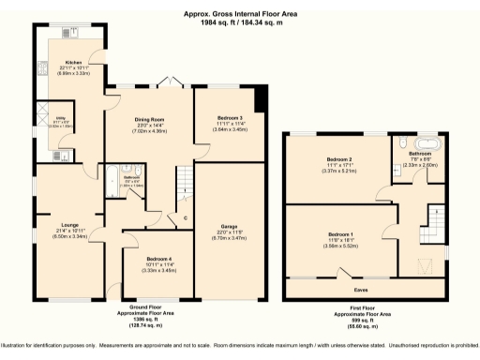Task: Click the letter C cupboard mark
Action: [x=186, y=219]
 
